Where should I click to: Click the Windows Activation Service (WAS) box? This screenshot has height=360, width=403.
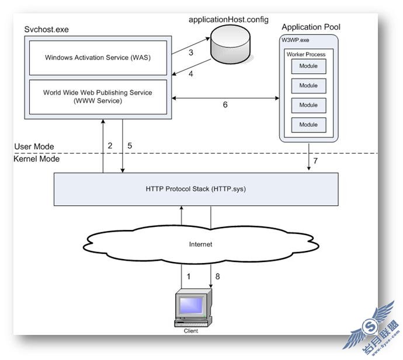pyautogui.click(x=98, y=58)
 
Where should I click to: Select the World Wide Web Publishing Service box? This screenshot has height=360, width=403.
pyautogui.click(x=98, y=97)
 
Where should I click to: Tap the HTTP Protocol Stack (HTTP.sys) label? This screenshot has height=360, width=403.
pyautogui.click(x=196, y=189)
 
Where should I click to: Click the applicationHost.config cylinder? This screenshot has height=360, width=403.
pyautogui.click(x=230, y=44)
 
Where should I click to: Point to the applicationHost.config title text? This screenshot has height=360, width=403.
pyautogui.click(x=228, y=20)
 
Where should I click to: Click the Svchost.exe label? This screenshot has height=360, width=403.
pyautogui.click(x=47, y=30)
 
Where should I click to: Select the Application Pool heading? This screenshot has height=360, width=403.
pyautogui.click(x=311, y=27)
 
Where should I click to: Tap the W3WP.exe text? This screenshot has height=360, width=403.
pyautogui.click(x=296, y=40)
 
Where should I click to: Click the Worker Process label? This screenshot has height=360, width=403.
pyautogui.click(x=306, y=54)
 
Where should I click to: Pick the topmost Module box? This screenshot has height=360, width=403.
pyautogui.click(x=309, y=67)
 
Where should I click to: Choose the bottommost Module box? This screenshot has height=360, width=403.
pyautogui.click(x=309, y=125)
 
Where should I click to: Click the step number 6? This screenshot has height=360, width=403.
pyautogui.click(x=225, y=104)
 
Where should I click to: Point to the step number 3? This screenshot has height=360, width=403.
pyautogui.click(x=191, y=53)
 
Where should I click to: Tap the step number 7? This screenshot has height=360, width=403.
pyautogui.click(x=315, y=161)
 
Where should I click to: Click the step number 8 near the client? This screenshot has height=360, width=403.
pyautogui.click(x=217, y=277)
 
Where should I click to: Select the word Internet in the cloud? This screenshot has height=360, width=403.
pyautogui.click(x=200, y=244)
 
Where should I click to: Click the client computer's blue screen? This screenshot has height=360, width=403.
pyautogui.click(x=192, y=305)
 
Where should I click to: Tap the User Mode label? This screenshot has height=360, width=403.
pyautogui.click(x=34, y=146)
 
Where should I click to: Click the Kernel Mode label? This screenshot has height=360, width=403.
pyautogui.click(x=36, y=159)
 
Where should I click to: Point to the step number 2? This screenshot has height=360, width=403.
pyautogui.click(x=110, y=146)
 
